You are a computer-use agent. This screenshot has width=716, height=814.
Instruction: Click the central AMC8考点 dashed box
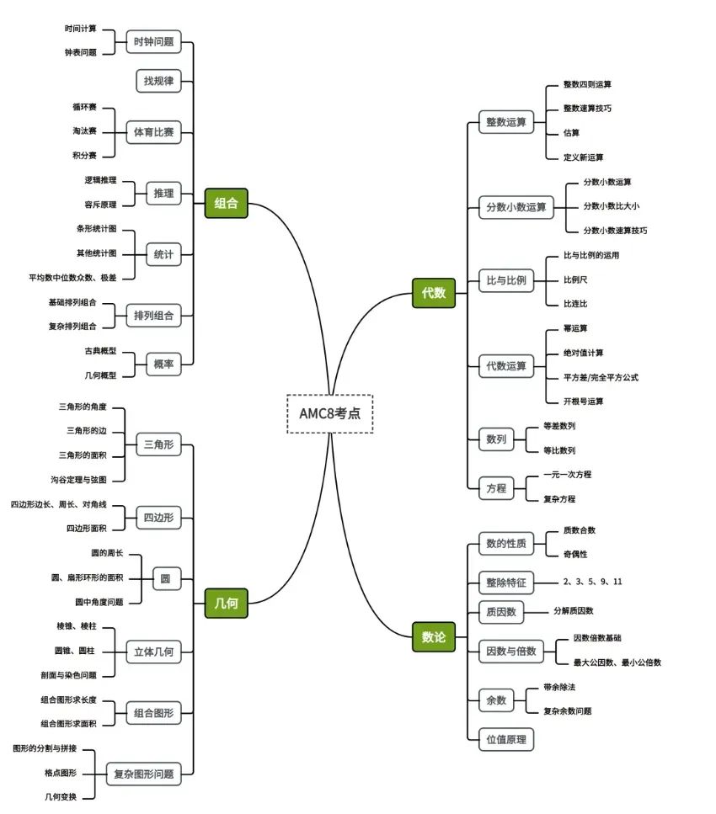pos(329,413)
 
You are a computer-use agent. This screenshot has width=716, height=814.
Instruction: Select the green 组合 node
pos(226,203)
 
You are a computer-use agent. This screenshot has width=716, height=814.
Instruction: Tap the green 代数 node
pos(433,293)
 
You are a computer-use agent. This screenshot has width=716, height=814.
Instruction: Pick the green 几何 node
pos(226,603)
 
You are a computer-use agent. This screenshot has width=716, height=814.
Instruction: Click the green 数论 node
pos(433,637)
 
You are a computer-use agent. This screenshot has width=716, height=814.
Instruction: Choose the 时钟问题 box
pos(153,41)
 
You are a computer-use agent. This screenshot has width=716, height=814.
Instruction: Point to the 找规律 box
pos(158,81)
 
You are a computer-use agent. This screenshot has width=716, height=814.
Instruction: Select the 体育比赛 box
pos(153,132)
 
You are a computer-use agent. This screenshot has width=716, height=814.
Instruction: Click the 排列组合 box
pos(153,316)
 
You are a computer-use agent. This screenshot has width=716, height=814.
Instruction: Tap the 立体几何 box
pos(153,652)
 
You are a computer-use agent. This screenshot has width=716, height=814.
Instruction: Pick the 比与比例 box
pos(506,280)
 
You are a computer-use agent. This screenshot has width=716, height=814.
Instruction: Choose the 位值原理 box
pos(505,739)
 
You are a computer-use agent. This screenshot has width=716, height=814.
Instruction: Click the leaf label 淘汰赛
pos(84,131)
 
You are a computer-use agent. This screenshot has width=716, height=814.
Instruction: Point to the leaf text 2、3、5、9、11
pos(592,582)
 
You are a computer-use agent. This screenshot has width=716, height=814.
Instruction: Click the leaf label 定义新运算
pos(583,157)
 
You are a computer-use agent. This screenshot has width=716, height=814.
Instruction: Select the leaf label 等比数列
pos(559,450)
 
